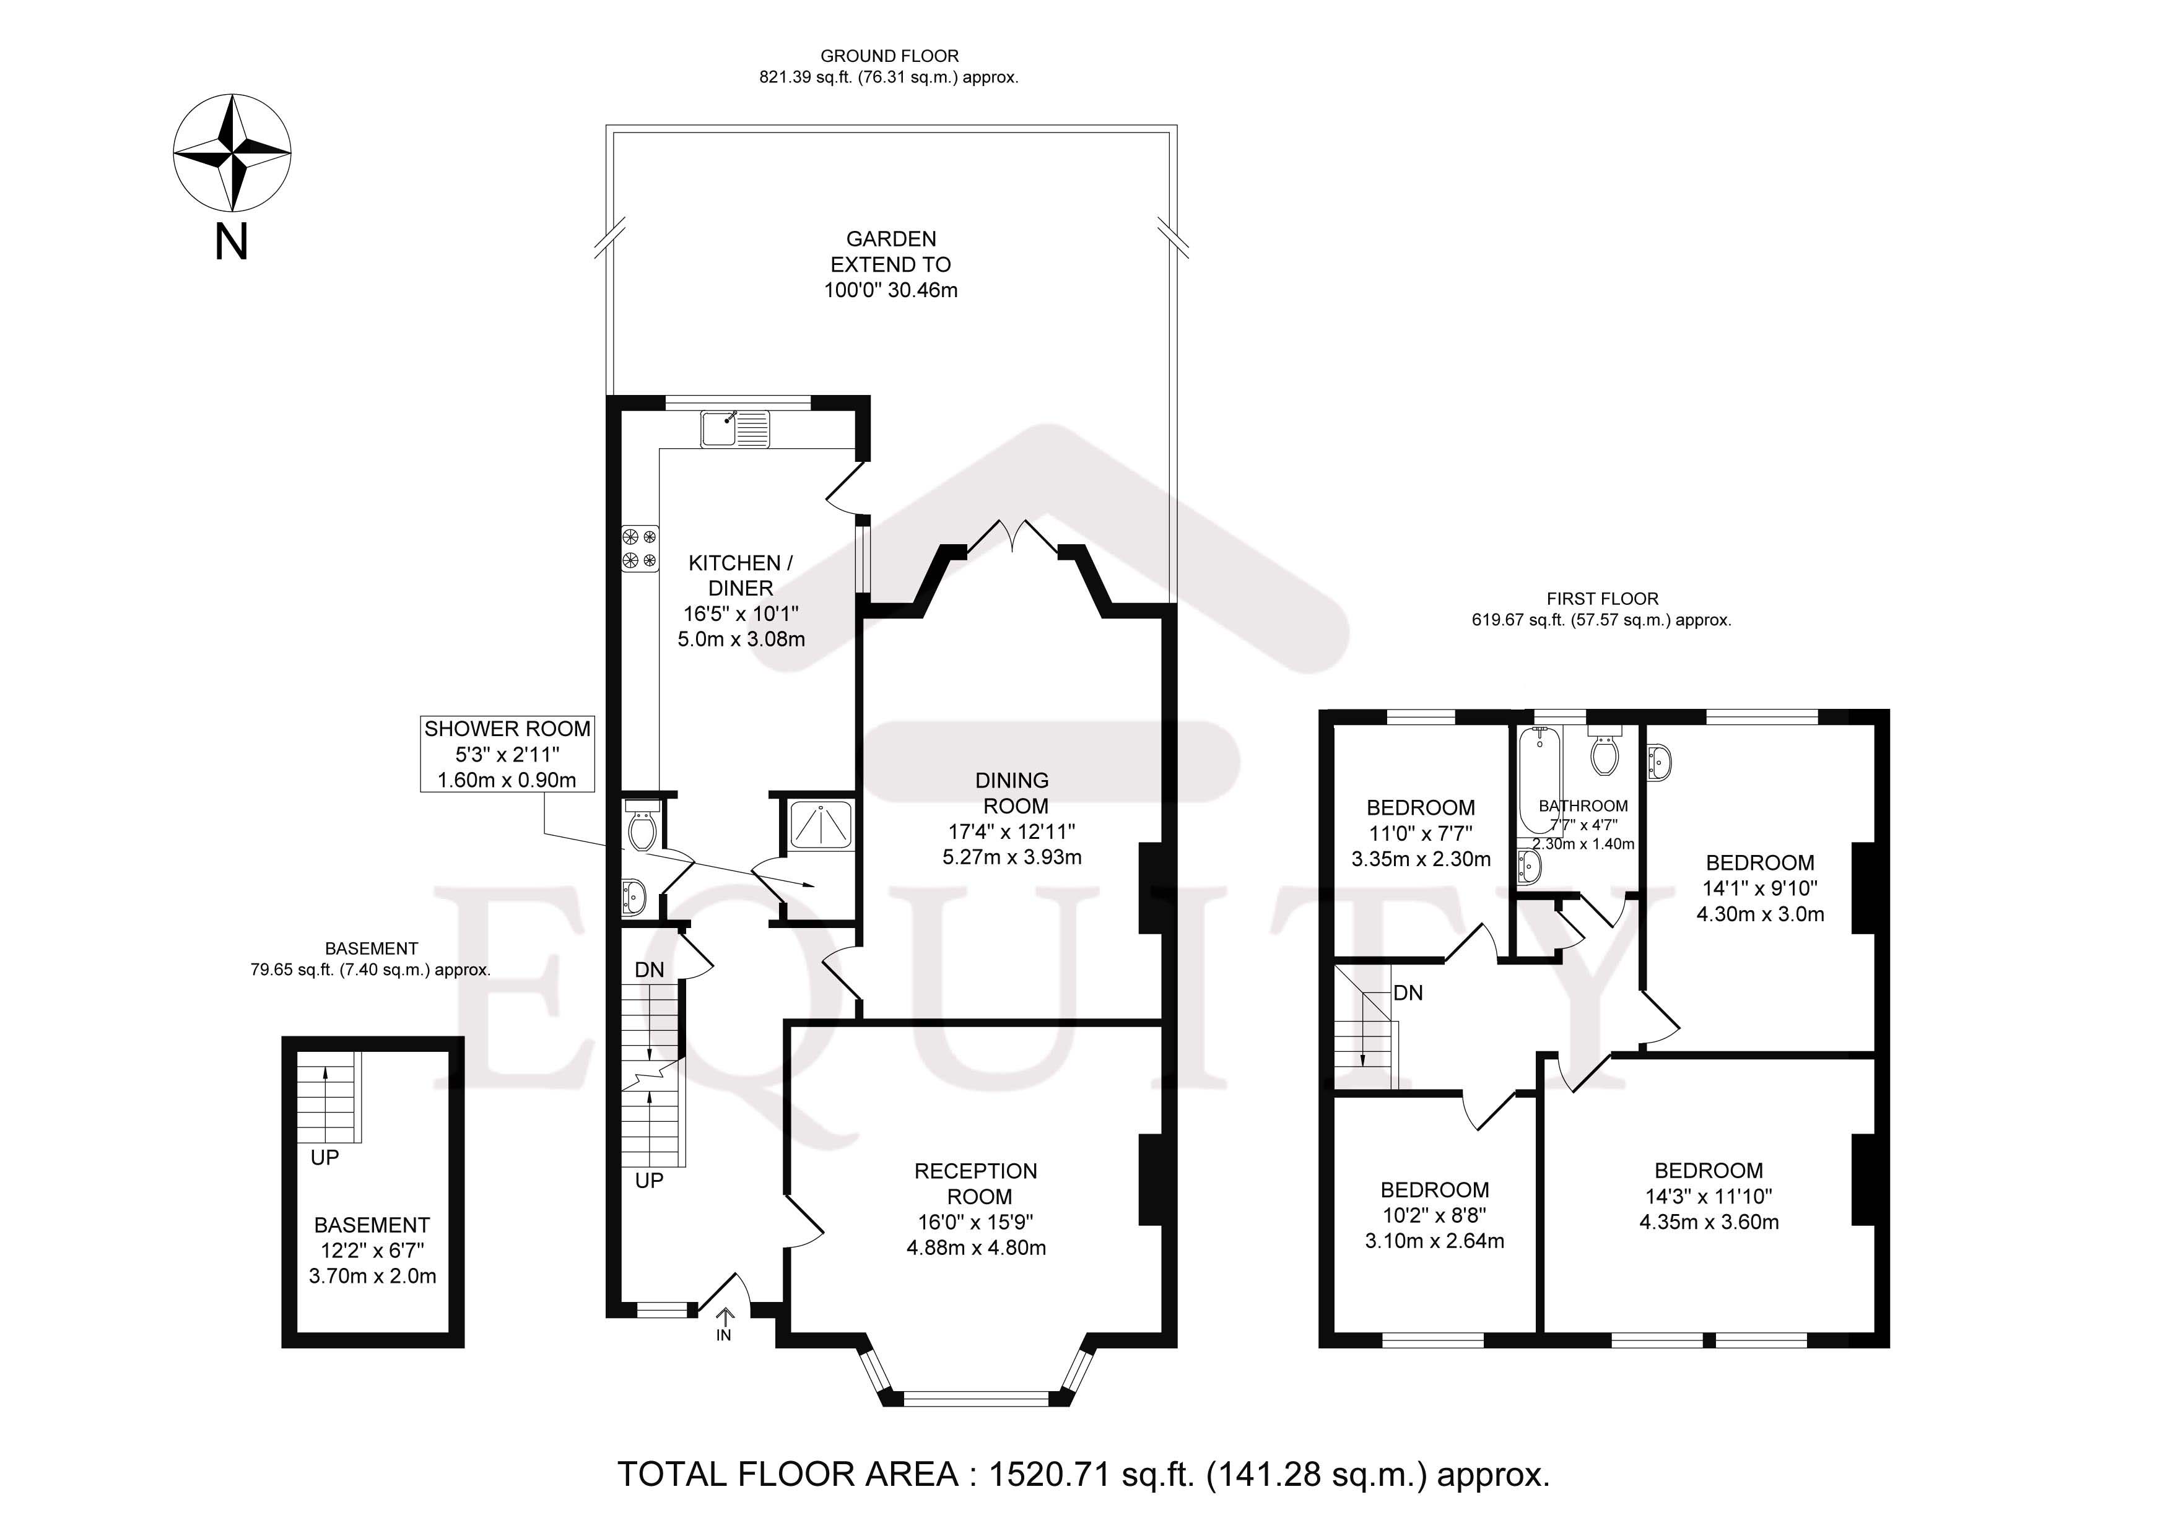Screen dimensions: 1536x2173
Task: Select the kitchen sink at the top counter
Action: [735, 428]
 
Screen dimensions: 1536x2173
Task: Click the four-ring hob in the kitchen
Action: [640, 549]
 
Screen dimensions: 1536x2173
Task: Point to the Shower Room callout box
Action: [507, 753]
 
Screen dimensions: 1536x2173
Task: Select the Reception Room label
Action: [976, 1183]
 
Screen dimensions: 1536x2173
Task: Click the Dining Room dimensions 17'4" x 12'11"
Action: [1012, 832]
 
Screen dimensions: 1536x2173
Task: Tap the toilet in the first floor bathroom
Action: [1604, 754]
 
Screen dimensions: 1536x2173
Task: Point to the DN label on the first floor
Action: [1408, 993]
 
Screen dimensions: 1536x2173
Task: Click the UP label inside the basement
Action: [324, 1158]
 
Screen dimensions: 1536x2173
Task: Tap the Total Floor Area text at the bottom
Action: [1084, 1475]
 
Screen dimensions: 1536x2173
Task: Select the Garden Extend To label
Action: [891, 252]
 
